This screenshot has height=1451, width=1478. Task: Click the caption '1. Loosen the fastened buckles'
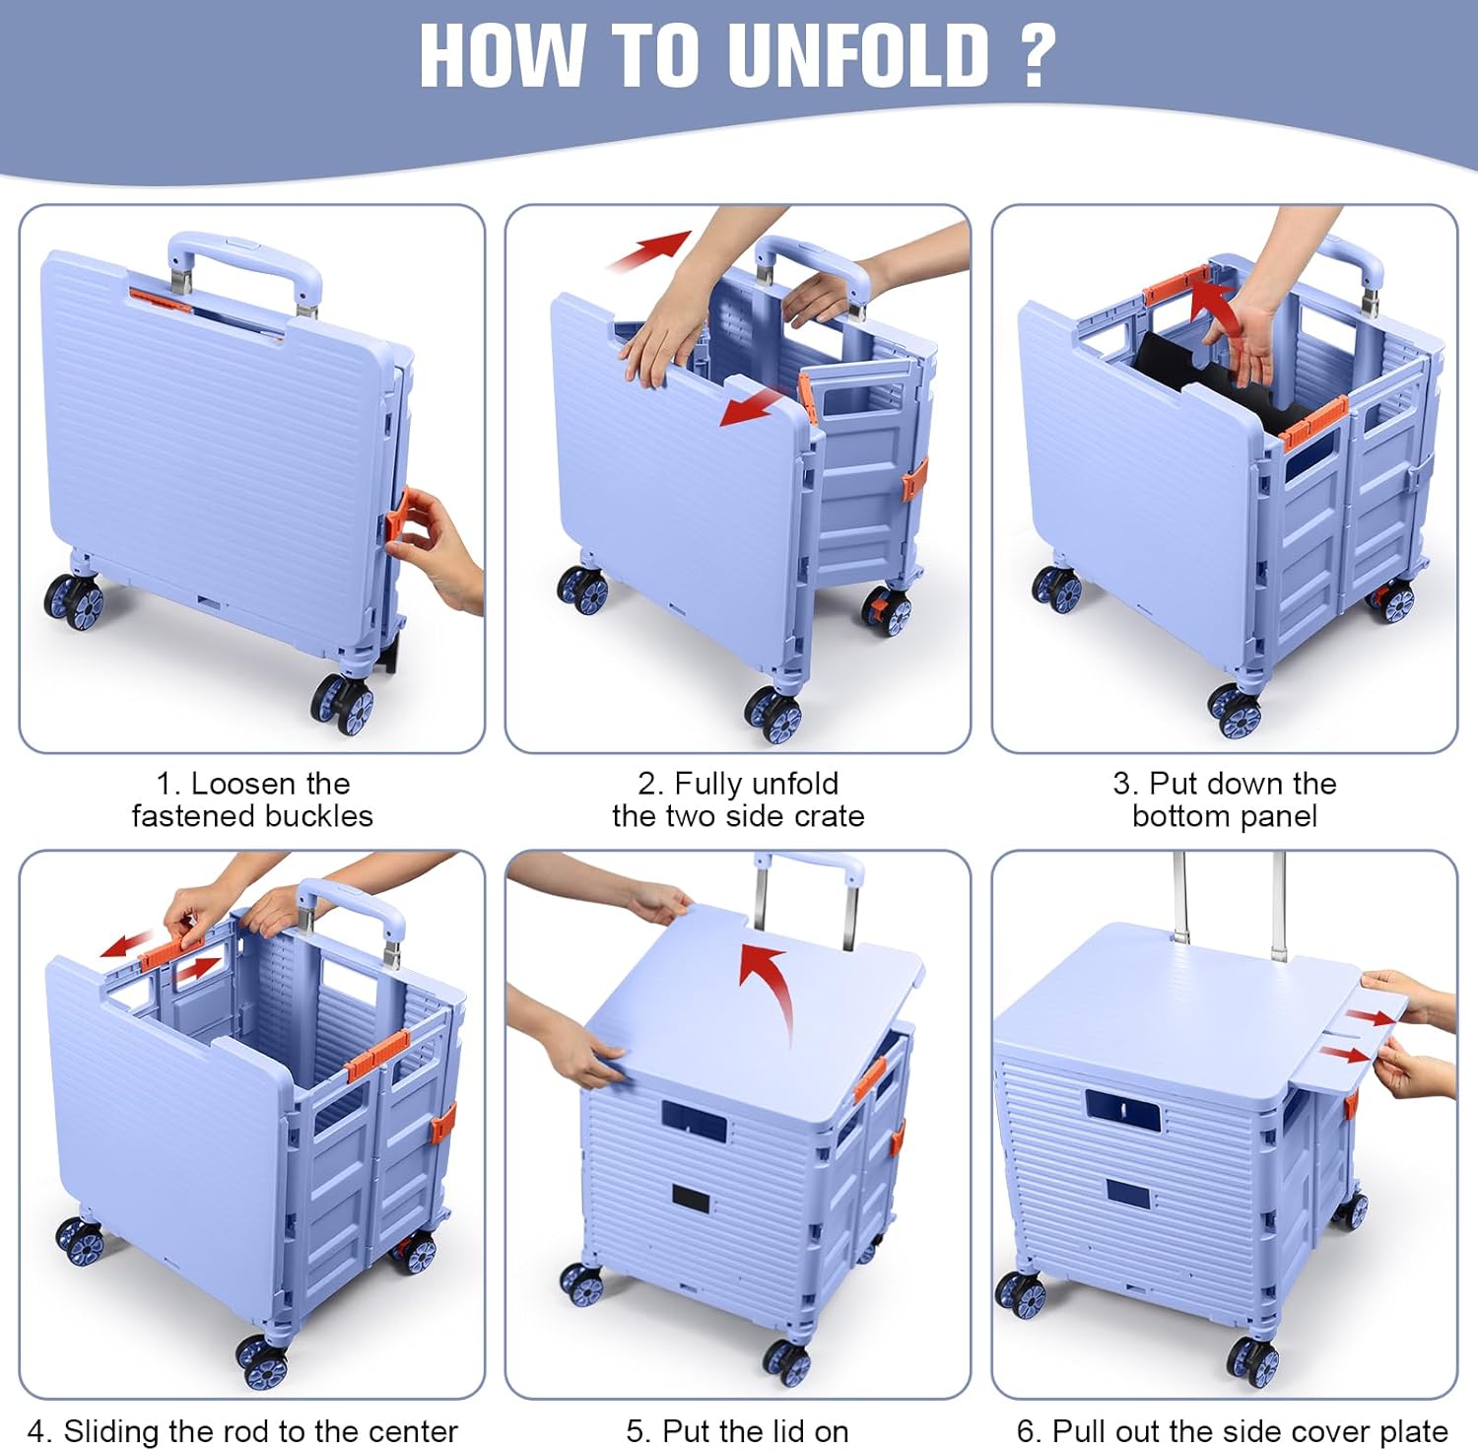pos(252,799)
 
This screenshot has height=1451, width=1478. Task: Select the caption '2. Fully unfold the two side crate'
pos(738,799)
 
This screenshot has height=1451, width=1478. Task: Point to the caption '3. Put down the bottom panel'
pos(1225,799)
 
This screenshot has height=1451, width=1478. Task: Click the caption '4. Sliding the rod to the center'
pos(242,1430)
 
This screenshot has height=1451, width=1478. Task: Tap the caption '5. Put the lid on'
pos(737,1430)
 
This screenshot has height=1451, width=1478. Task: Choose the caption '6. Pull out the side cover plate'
pos(1232,1430)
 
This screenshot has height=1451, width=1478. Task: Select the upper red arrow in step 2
pos(650,250)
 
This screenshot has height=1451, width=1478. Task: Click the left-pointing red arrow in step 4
pos(127,945)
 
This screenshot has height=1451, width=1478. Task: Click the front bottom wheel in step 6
pos(1253,1359)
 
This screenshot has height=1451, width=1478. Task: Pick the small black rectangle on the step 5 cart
pos(692,1200)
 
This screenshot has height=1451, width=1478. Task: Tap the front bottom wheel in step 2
pos(773,713)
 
